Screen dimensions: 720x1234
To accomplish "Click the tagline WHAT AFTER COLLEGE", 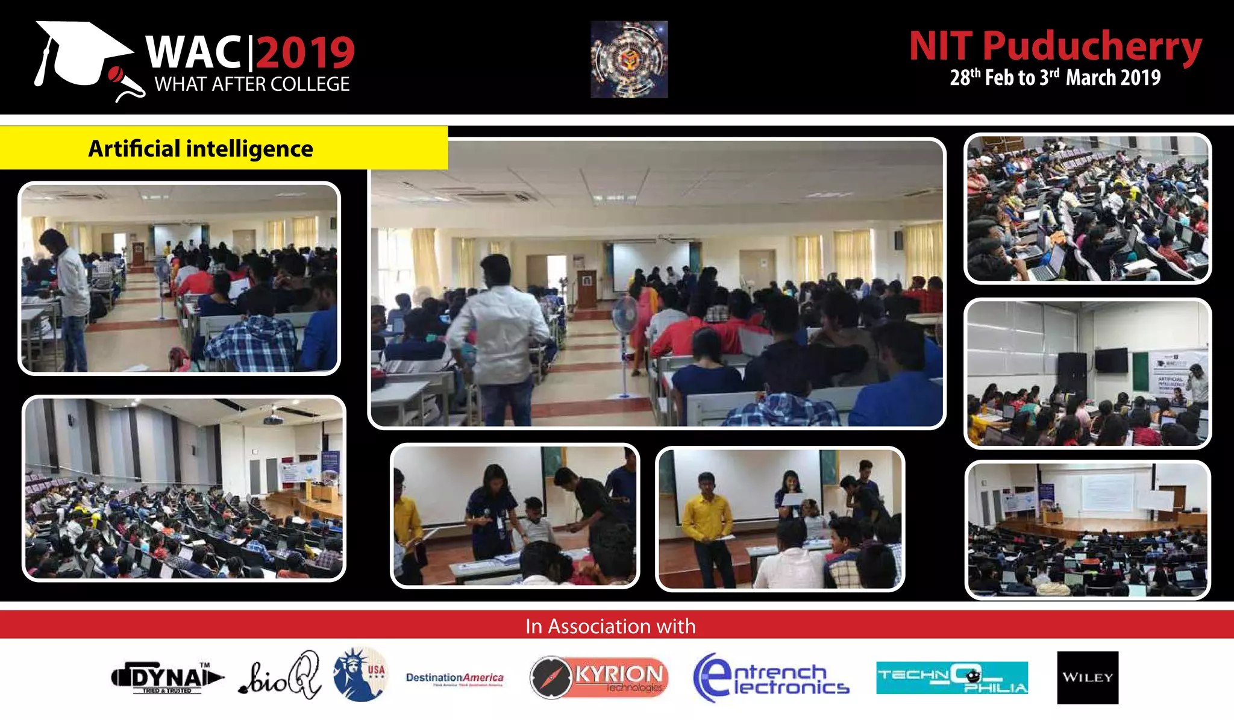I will tap(252, 84).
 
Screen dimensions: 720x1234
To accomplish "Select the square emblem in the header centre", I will tap(629, 60).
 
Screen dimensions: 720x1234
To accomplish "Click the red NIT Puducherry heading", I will tap(1055, 46).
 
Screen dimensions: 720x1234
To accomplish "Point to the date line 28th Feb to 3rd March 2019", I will tap(1055, 78).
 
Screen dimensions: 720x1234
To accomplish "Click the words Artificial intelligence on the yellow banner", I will tap(201, 149).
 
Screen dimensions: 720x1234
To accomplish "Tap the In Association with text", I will tap(610, 626).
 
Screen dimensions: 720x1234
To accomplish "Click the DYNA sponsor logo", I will tap(167, 678).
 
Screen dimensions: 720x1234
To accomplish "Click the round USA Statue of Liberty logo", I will tap(360, 675).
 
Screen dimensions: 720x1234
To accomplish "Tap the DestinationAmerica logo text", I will tap(454, 678).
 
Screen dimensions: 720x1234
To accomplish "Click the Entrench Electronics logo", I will tap(771, 678).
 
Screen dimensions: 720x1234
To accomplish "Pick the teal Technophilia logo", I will tap(952, 678).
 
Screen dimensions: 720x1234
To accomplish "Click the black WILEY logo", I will tap(1088, 677).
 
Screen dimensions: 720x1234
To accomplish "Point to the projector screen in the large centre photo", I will tap(651, 265).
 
